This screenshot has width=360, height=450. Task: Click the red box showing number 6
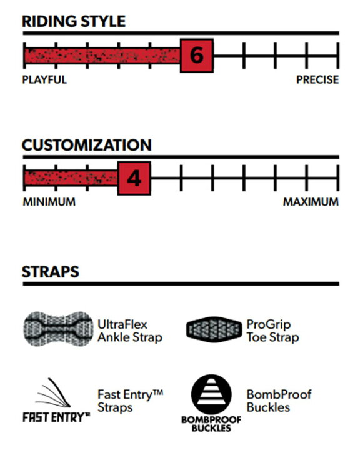click(197, 56)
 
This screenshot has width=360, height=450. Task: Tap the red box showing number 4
click(134, 178)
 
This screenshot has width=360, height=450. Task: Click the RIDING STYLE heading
click(74, 21)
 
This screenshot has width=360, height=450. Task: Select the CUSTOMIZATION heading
click(87, 145)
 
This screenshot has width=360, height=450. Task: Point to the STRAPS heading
click(51, 272)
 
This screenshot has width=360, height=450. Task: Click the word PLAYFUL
click(44, 79)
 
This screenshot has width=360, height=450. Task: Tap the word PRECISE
click(317, 79)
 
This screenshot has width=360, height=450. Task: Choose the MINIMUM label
click(49, 202)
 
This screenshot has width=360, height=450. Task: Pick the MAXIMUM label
click(311, 202)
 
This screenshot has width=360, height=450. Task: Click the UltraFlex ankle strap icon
click(58, 329)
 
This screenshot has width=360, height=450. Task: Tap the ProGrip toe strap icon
click(214, 329)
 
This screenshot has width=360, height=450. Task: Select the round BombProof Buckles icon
click(211, 394)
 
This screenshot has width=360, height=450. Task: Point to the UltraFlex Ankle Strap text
click(130, 331)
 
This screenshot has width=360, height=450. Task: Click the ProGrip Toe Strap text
click(272, 331)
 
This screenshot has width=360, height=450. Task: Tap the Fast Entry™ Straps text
click(131, 401)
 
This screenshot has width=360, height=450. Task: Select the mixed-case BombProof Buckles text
click(279, 401)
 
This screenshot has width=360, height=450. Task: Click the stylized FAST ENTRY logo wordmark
click(56, 417)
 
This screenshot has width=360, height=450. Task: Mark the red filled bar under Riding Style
click(102, 56)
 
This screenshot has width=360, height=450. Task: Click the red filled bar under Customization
click(71, 178)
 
